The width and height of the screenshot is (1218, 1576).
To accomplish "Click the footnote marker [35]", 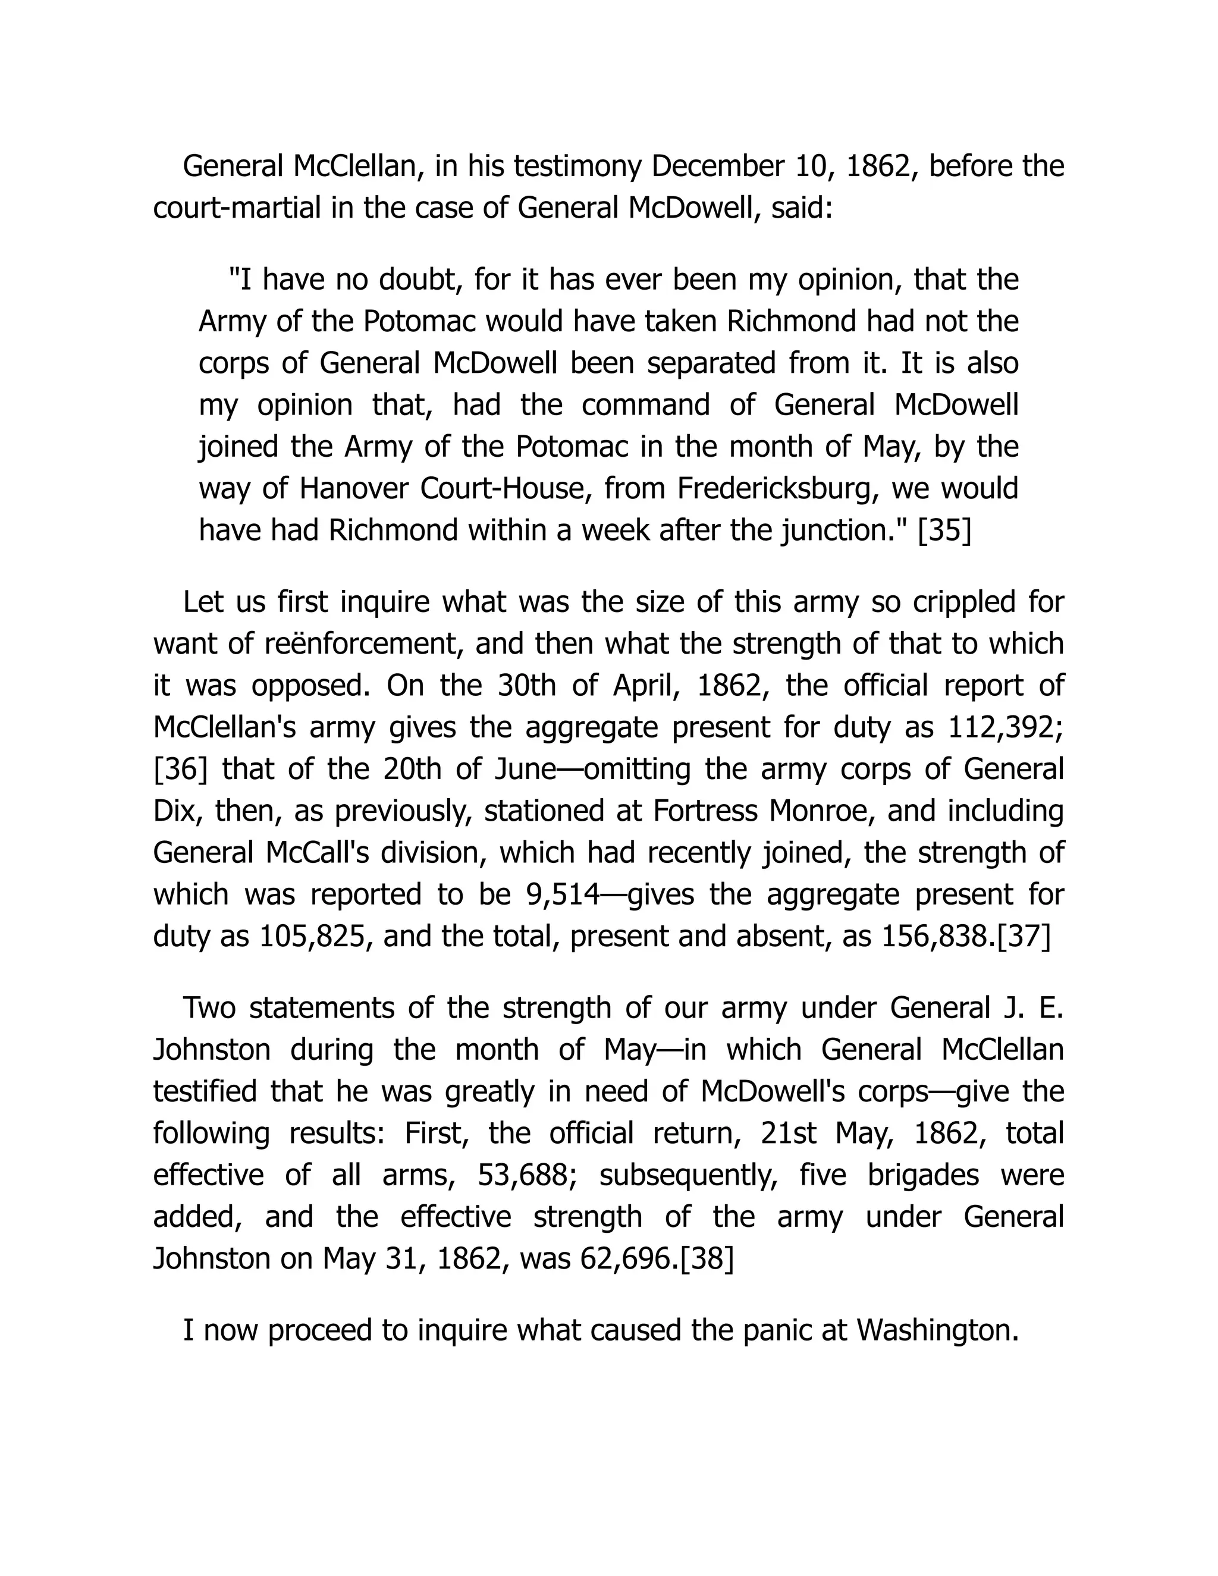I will [944, 531].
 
